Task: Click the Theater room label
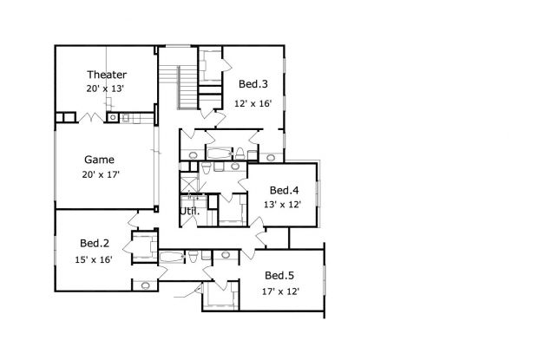(107, 75)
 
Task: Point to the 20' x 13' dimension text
(105, 88)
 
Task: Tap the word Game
(99, 160)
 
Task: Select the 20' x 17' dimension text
(101, 174)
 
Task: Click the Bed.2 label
(95, 243)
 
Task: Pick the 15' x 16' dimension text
(94, 259)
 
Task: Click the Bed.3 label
(253, 83)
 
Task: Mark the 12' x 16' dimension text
(253, 103)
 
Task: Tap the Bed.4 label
(284, 190)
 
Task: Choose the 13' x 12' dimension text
(282, 205)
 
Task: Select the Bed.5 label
(279, 275)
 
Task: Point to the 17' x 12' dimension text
(280, 291)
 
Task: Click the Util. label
(190, 211)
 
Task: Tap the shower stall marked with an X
(189, 183)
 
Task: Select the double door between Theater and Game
(91, 118)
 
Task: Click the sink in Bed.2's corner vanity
(146, 285)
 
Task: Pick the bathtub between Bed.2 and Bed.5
(172, 257)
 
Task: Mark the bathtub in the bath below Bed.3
(219, 154)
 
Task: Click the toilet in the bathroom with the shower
(206, 168)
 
